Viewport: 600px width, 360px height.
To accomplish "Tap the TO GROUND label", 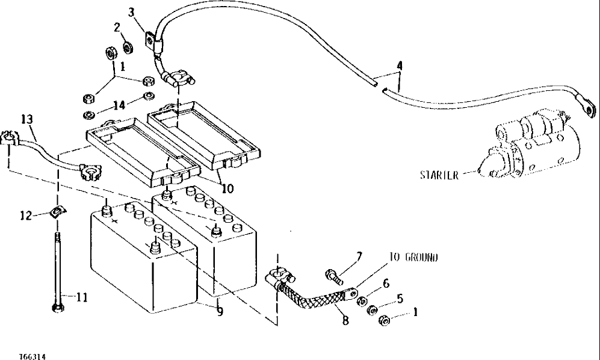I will click(x=413, y=257).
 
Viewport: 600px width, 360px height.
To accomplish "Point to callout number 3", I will click(x=132, y=12).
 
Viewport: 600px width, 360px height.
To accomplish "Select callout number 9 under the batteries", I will click(x=220, y=312).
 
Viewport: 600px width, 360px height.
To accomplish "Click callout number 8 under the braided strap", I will click(x=345, y=321).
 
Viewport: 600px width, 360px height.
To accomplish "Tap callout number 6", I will click(x=385, y=283).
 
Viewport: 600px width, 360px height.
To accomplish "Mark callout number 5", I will click(x=400, y=298).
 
